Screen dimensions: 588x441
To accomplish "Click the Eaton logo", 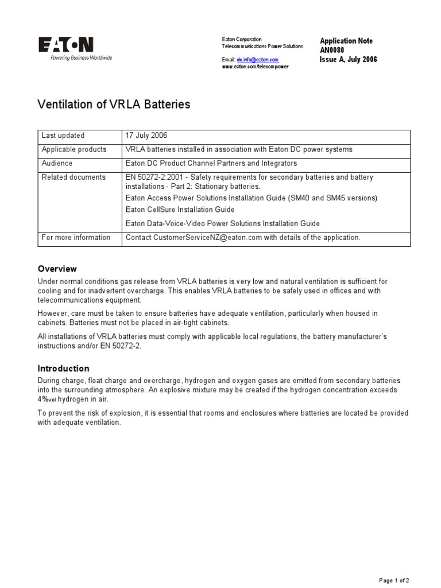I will click(x=65, y=45).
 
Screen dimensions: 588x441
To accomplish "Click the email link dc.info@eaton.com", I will click(x=257, y=60).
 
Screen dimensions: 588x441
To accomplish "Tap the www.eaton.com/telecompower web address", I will click(x=255, y=67).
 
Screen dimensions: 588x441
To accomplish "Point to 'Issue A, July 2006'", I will click(x=348, y=59).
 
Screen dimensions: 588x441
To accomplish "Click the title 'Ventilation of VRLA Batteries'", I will click(x=114, y=105).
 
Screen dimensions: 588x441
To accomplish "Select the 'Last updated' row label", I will click(x=63, y=136).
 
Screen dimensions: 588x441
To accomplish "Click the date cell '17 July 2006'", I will click(x=147, y=136).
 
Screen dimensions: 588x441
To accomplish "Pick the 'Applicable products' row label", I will click(x=74, y=149).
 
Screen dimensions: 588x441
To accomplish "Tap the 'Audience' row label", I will click(x=57, y=163).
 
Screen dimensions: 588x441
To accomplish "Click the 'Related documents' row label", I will click(x=73, y=177).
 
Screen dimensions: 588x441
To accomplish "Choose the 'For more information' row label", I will click(x=76, y=237).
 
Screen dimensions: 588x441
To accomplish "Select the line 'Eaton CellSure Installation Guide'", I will click(x=180, y=210).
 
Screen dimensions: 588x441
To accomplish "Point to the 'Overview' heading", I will click(x=57, y=269).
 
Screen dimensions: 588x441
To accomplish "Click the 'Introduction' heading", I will click(x=63, y=369).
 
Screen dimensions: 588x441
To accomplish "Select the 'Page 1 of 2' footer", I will click(x=394, y=580).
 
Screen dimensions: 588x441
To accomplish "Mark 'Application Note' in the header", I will click(x=346, y=41).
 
